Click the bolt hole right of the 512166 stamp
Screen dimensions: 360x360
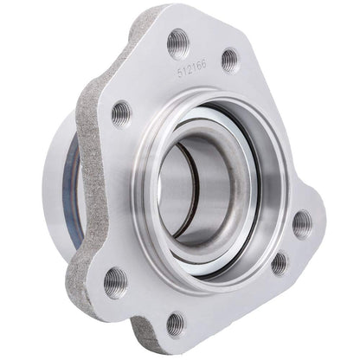[229, 60]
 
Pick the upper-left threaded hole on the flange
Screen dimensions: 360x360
[121, 112]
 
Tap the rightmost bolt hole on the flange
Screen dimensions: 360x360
[301, 223]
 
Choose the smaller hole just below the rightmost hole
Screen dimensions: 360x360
[279, 262]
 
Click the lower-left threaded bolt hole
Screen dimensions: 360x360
[114, 280]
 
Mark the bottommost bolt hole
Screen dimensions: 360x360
[175, 323]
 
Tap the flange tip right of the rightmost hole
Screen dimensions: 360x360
[321, 227]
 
